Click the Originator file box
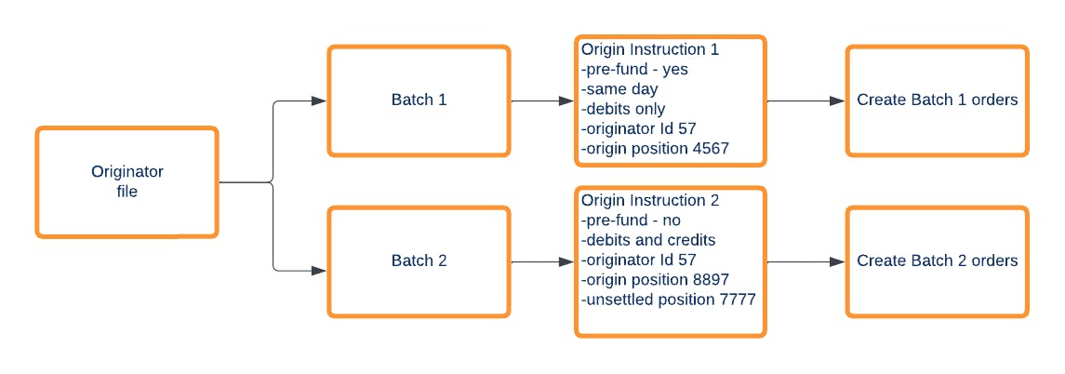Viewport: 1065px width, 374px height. (x=127, y=181)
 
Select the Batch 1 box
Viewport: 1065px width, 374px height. (x=419, y=100)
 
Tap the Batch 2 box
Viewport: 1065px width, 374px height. (x=419, y=260)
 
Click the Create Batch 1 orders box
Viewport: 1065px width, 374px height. (x=937, y=100)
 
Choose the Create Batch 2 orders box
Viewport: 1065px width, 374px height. (x=937, y=260)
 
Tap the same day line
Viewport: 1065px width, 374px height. (x=619, y=89)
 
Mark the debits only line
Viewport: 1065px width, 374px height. (x=623, y=109)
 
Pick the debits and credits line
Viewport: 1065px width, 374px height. (x=648, y=240)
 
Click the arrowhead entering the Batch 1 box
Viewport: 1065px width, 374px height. (x=319, y=100)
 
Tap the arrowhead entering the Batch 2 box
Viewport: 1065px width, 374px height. (x=319, y=271)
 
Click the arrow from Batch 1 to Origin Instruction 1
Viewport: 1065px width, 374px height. (x=542, y=100)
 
